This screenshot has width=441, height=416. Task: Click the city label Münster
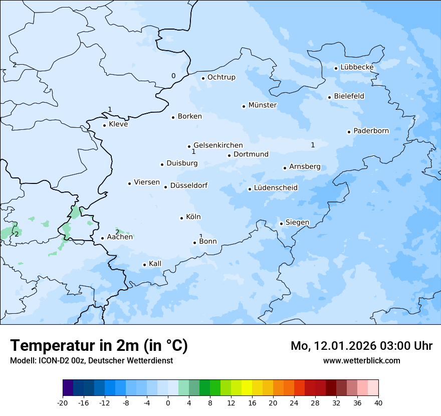click(x=263, y=105)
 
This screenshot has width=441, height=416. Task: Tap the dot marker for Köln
click(x=181, y=218)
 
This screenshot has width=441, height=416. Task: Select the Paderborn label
click(x=371, y=131)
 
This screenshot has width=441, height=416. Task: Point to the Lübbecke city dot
click(x=336, y=68)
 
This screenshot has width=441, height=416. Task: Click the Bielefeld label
click(x=349, y=96)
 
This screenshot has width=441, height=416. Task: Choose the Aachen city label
click(x=120, y=237)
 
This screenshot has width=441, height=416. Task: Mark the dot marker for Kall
click(x=144, y=265)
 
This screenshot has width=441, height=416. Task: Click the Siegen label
click(x=297, y=223)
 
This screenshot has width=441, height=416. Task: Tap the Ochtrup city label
click(x=221, y=77)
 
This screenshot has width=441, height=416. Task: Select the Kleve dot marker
click(x=104, y=125)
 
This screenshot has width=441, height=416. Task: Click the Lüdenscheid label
click(x=276, y=188)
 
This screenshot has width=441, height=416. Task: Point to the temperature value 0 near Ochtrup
click(x=173, y=76)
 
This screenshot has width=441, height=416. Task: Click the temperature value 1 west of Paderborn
click(x=313, y=145)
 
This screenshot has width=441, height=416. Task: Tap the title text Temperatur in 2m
click(x=99, y=345)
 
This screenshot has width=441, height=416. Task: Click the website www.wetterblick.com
click(x=361, y=360)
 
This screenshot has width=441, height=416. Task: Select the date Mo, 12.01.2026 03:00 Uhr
click(x=361, y=346)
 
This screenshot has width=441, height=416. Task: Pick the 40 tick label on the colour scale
click(x=378, y=402)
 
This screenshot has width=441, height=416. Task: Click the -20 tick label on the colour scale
click(x=63, y=402)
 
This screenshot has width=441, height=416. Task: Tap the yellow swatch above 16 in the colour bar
click(x=247, y=388)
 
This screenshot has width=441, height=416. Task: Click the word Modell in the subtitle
click(x=22, y=360)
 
